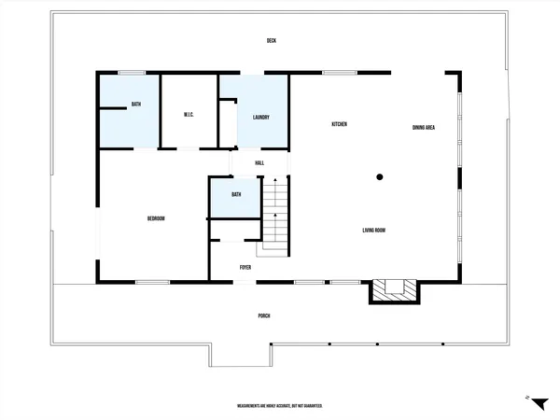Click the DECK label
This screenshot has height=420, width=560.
tap(272, 40)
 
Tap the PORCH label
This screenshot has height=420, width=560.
tap(264, 315)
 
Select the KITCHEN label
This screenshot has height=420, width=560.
tap(340, 124)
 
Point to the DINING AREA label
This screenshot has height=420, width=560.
tap(424, 127)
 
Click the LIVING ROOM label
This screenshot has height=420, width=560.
tap(375, 230)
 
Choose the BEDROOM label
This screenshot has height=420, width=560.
tap(156, 218)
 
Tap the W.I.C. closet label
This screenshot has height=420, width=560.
tap(188, 115)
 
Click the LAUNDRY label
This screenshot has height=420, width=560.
tap(261, 117)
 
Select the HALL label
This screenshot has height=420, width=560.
tap(259, 162)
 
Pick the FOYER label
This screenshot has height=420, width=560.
tap(245, 267)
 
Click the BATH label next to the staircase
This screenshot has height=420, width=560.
tap(236, 194)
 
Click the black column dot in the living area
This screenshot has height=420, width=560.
tap(380, 175)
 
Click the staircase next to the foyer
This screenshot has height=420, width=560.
tap(274, 215)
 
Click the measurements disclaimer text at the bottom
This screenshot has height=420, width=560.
tap(280, 406)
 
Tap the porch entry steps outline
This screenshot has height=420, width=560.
tap(241, 355)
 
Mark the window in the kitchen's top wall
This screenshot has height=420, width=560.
tap(340, 73)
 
